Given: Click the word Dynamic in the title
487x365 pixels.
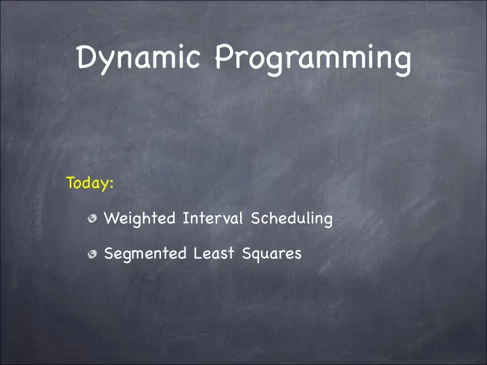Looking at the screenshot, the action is (x=139, y=59).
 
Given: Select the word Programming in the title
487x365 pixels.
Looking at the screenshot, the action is (x=313, y=59).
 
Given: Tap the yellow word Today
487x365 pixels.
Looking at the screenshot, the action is (x=87, y=182).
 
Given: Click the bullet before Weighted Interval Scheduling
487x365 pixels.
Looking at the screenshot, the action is (x=92, y=218).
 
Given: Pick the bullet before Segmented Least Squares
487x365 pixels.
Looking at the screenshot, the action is (x=92, y=254).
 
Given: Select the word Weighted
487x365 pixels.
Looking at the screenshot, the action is (x=139, y=219).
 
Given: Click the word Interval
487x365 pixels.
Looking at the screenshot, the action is (x=212, y=218).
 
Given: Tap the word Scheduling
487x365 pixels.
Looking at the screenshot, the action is (x=292, y=218).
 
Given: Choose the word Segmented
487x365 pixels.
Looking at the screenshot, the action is (x=145, y=254).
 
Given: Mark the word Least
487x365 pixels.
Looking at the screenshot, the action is (x=214, y=253).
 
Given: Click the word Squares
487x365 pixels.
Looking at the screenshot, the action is (x=272, y=254).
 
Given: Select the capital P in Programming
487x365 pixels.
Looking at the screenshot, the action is (x=224, y=56).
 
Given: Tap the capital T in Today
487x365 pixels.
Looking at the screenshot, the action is (x=71, y=182).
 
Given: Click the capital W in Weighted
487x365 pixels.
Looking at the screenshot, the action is (x=112, y=218).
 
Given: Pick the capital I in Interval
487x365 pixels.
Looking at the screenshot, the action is (x=186, y=218).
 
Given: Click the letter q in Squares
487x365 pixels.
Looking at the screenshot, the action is (x=258, y=256).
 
